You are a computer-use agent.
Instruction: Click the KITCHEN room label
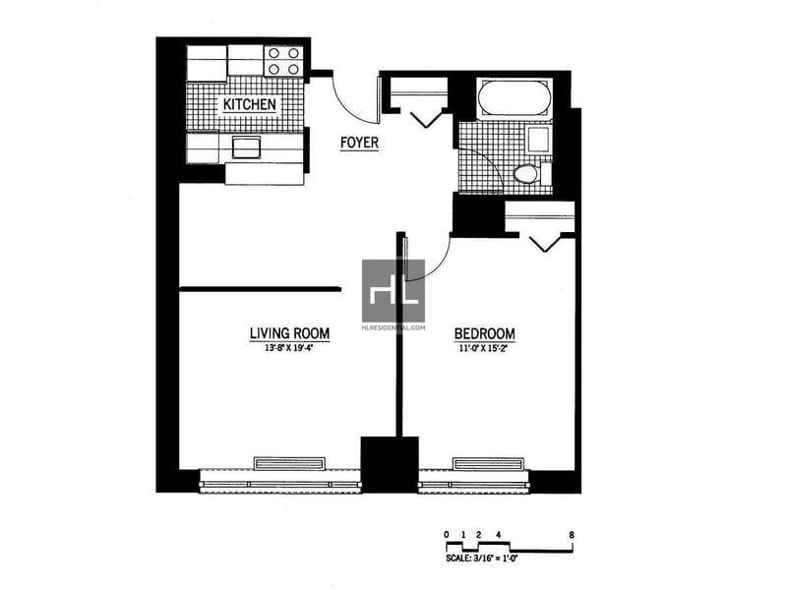coord(250,104)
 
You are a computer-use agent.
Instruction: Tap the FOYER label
coord(359,143)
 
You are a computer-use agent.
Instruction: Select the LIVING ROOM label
coord(289,333)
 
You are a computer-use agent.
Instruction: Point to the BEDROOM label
coord(484,333)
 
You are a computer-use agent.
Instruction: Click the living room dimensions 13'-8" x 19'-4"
coord(289,347)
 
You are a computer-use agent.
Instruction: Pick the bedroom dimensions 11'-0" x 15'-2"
coord(484,348)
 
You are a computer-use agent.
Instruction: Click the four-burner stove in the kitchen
coord(283,61)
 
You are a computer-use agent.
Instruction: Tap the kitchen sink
coord(246,147)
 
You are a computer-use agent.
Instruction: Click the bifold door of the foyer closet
coord(426,118)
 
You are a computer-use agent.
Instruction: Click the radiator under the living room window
coord(289,463)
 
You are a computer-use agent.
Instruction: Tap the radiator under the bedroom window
coord(488,463)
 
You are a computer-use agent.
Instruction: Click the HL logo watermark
coord(393,291)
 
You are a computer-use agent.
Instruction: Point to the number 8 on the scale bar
coord(572,535)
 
